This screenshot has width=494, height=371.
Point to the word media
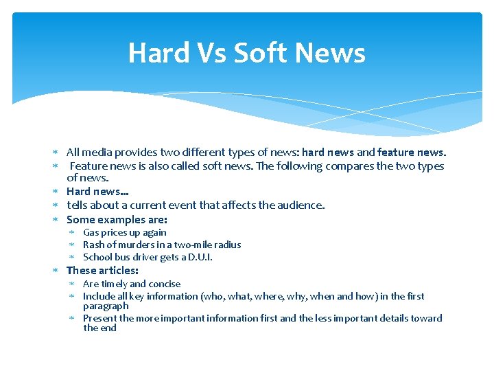tap(97, 153)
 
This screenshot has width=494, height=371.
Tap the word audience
tap(300, 205)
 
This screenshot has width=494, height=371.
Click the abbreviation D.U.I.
tap(200, 258)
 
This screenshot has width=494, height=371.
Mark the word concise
tap(165, 284)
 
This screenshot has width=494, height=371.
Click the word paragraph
tap(106, 306)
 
